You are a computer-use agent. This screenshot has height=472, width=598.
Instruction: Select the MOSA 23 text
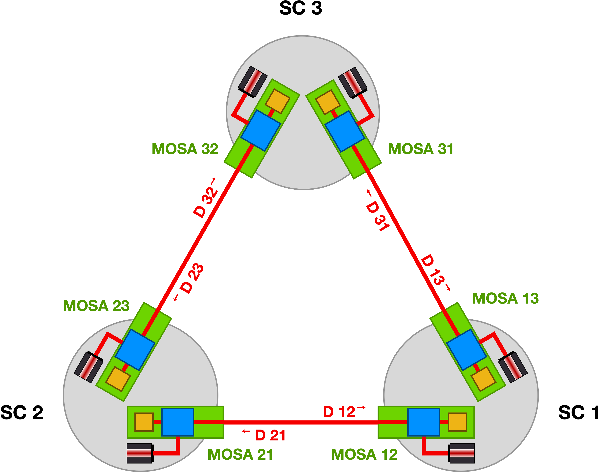pos(96,306)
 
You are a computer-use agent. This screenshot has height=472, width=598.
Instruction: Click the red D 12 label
pos(339,412)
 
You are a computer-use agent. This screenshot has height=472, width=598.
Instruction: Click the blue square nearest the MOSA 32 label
pos(261,130)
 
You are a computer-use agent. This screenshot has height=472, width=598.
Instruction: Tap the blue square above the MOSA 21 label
pos(178,422)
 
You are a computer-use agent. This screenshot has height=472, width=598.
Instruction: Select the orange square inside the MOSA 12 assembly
pos(457,422)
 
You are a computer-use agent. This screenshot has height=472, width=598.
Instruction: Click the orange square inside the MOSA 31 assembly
pos(328,102)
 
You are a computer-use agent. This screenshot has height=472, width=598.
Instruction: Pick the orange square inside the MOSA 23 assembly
pos(118,379)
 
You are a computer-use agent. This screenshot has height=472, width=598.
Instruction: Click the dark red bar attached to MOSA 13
pos(513,367)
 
